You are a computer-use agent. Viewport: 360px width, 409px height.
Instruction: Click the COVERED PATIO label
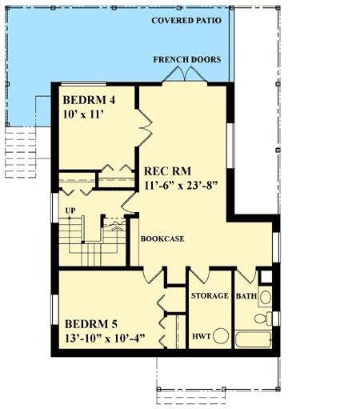[x=186, y=21]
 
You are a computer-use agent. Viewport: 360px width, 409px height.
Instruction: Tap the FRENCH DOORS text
[x=187, y=59]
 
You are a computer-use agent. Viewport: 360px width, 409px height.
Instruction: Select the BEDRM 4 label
[x=89, y=100]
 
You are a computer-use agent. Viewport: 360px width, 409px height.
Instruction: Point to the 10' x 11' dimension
[x=83, y=114]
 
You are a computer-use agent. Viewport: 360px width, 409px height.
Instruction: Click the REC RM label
[x=167, y=171]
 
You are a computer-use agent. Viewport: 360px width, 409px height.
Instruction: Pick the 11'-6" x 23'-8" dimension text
[x=181, y=186]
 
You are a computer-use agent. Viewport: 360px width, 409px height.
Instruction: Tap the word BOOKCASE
[x=162, y=239]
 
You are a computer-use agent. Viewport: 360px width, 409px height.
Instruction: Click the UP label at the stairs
[x=70, y=211]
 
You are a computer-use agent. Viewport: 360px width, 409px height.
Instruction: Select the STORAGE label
[x=210, y=295]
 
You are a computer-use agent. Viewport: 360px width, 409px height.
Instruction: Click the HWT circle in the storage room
[x=221, y=336]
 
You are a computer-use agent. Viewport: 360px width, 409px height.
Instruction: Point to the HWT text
[x=202, y=336]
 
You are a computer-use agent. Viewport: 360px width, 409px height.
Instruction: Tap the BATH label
[x=246, y=296]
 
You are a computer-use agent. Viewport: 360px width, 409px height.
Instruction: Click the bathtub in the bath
[x=254, y=339]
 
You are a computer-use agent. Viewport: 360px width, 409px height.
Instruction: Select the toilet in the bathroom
[x=263, y=319]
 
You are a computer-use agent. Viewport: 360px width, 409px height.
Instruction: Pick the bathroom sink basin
[x=266, y=297]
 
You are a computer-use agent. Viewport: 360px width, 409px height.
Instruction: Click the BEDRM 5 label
[x=91, y=324]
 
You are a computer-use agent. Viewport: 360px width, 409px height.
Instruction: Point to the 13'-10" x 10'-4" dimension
[x=105, y=339]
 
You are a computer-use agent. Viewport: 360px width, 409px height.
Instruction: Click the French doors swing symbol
[x=185, y=74]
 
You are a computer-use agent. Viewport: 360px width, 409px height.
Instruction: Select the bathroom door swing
[x=246, y=275]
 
